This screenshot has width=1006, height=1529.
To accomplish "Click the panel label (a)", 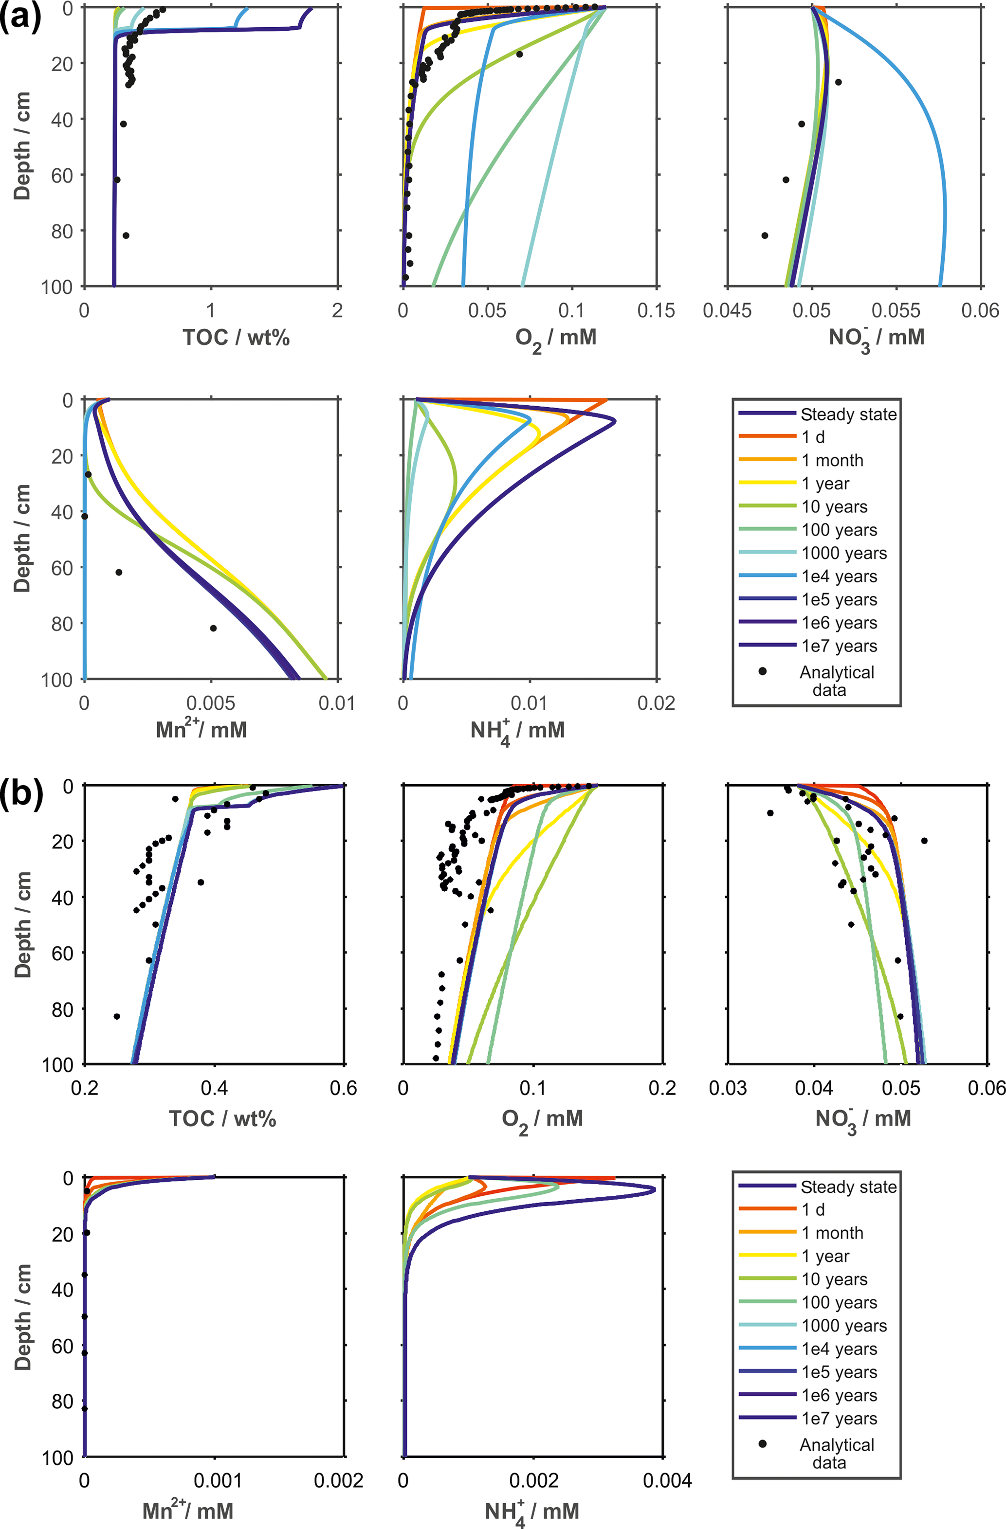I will coord(20,17).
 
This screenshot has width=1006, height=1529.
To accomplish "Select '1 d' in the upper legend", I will coord(813,437).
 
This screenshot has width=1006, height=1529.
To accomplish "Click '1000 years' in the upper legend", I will coord(844,553).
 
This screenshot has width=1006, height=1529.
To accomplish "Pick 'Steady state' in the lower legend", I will coord(848,1187).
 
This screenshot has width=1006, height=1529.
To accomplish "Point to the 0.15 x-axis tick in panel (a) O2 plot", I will coord(656,311).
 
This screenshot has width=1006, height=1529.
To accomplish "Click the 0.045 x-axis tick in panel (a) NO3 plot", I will coord(727,311).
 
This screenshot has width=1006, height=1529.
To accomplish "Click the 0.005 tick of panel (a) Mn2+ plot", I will coord(211,703).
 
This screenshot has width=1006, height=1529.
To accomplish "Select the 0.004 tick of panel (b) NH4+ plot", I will coord(668,1480).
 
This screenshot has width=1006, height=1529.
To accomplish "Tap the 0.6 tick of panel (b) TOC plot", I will coord(343,1088).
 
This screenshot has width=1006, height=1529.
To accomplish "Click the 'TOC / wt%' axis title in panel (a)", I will coord(236,337).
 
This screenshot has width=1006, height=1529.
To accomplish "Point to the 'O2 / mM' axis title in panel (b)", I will coord(542,1119).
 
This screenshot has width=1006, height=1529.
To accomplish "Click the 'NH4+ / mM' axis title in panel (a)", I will coord(517,731).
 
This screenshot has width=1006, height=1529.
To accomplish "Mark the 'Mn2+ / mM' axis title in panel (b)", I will coord(188,1510).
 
